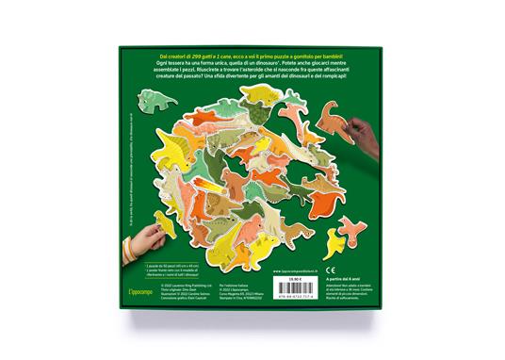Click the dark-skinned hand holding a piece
(x=364, y=128)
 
